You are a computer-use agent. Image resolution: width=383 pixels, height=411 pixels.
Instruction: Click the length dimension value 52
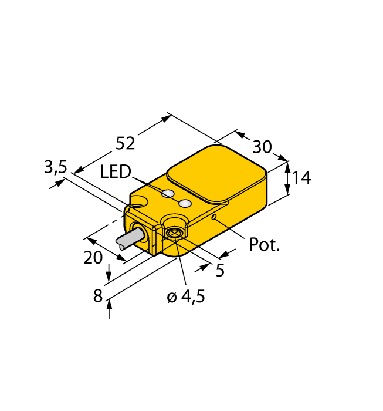pyautogui.click(x=125, y=143)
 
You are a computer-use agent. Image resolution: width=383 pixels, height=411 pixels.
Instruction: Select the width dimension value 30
pyautogui.click(x=262, y=146)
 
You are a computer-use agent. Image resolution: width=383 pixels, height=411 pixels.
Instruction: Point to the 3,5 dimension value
pyautogui.click(x=56, y=168)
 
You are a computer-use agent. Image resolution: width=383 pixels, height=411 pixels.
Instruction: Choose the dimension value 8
pyautogui.click(x=98, y=297)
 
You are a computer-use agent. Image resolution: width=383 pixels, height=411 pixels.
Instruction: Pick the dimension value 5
pyautogui.click(x=220, y=270)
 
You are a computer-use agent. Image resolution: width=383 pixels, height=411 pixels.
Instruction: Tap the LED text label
pyautogui.click(x=115, y=172)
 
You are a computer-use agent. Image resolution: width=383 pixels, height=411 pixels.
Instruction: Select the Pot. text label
pyautogui.click(x=265, y=245)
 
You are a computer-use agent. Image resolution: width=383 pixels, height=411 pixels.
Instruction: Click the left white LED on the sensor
pyautogui.click(x=168, y=194)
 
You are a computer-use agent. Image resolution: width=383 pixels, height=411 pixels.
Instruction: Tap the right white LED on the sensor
pyautogui.click(x=185, y=204)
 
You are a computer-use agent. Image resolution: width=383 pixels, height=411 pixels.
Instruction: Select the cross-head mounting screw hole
pyautogui.click(x=173, y=234)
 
